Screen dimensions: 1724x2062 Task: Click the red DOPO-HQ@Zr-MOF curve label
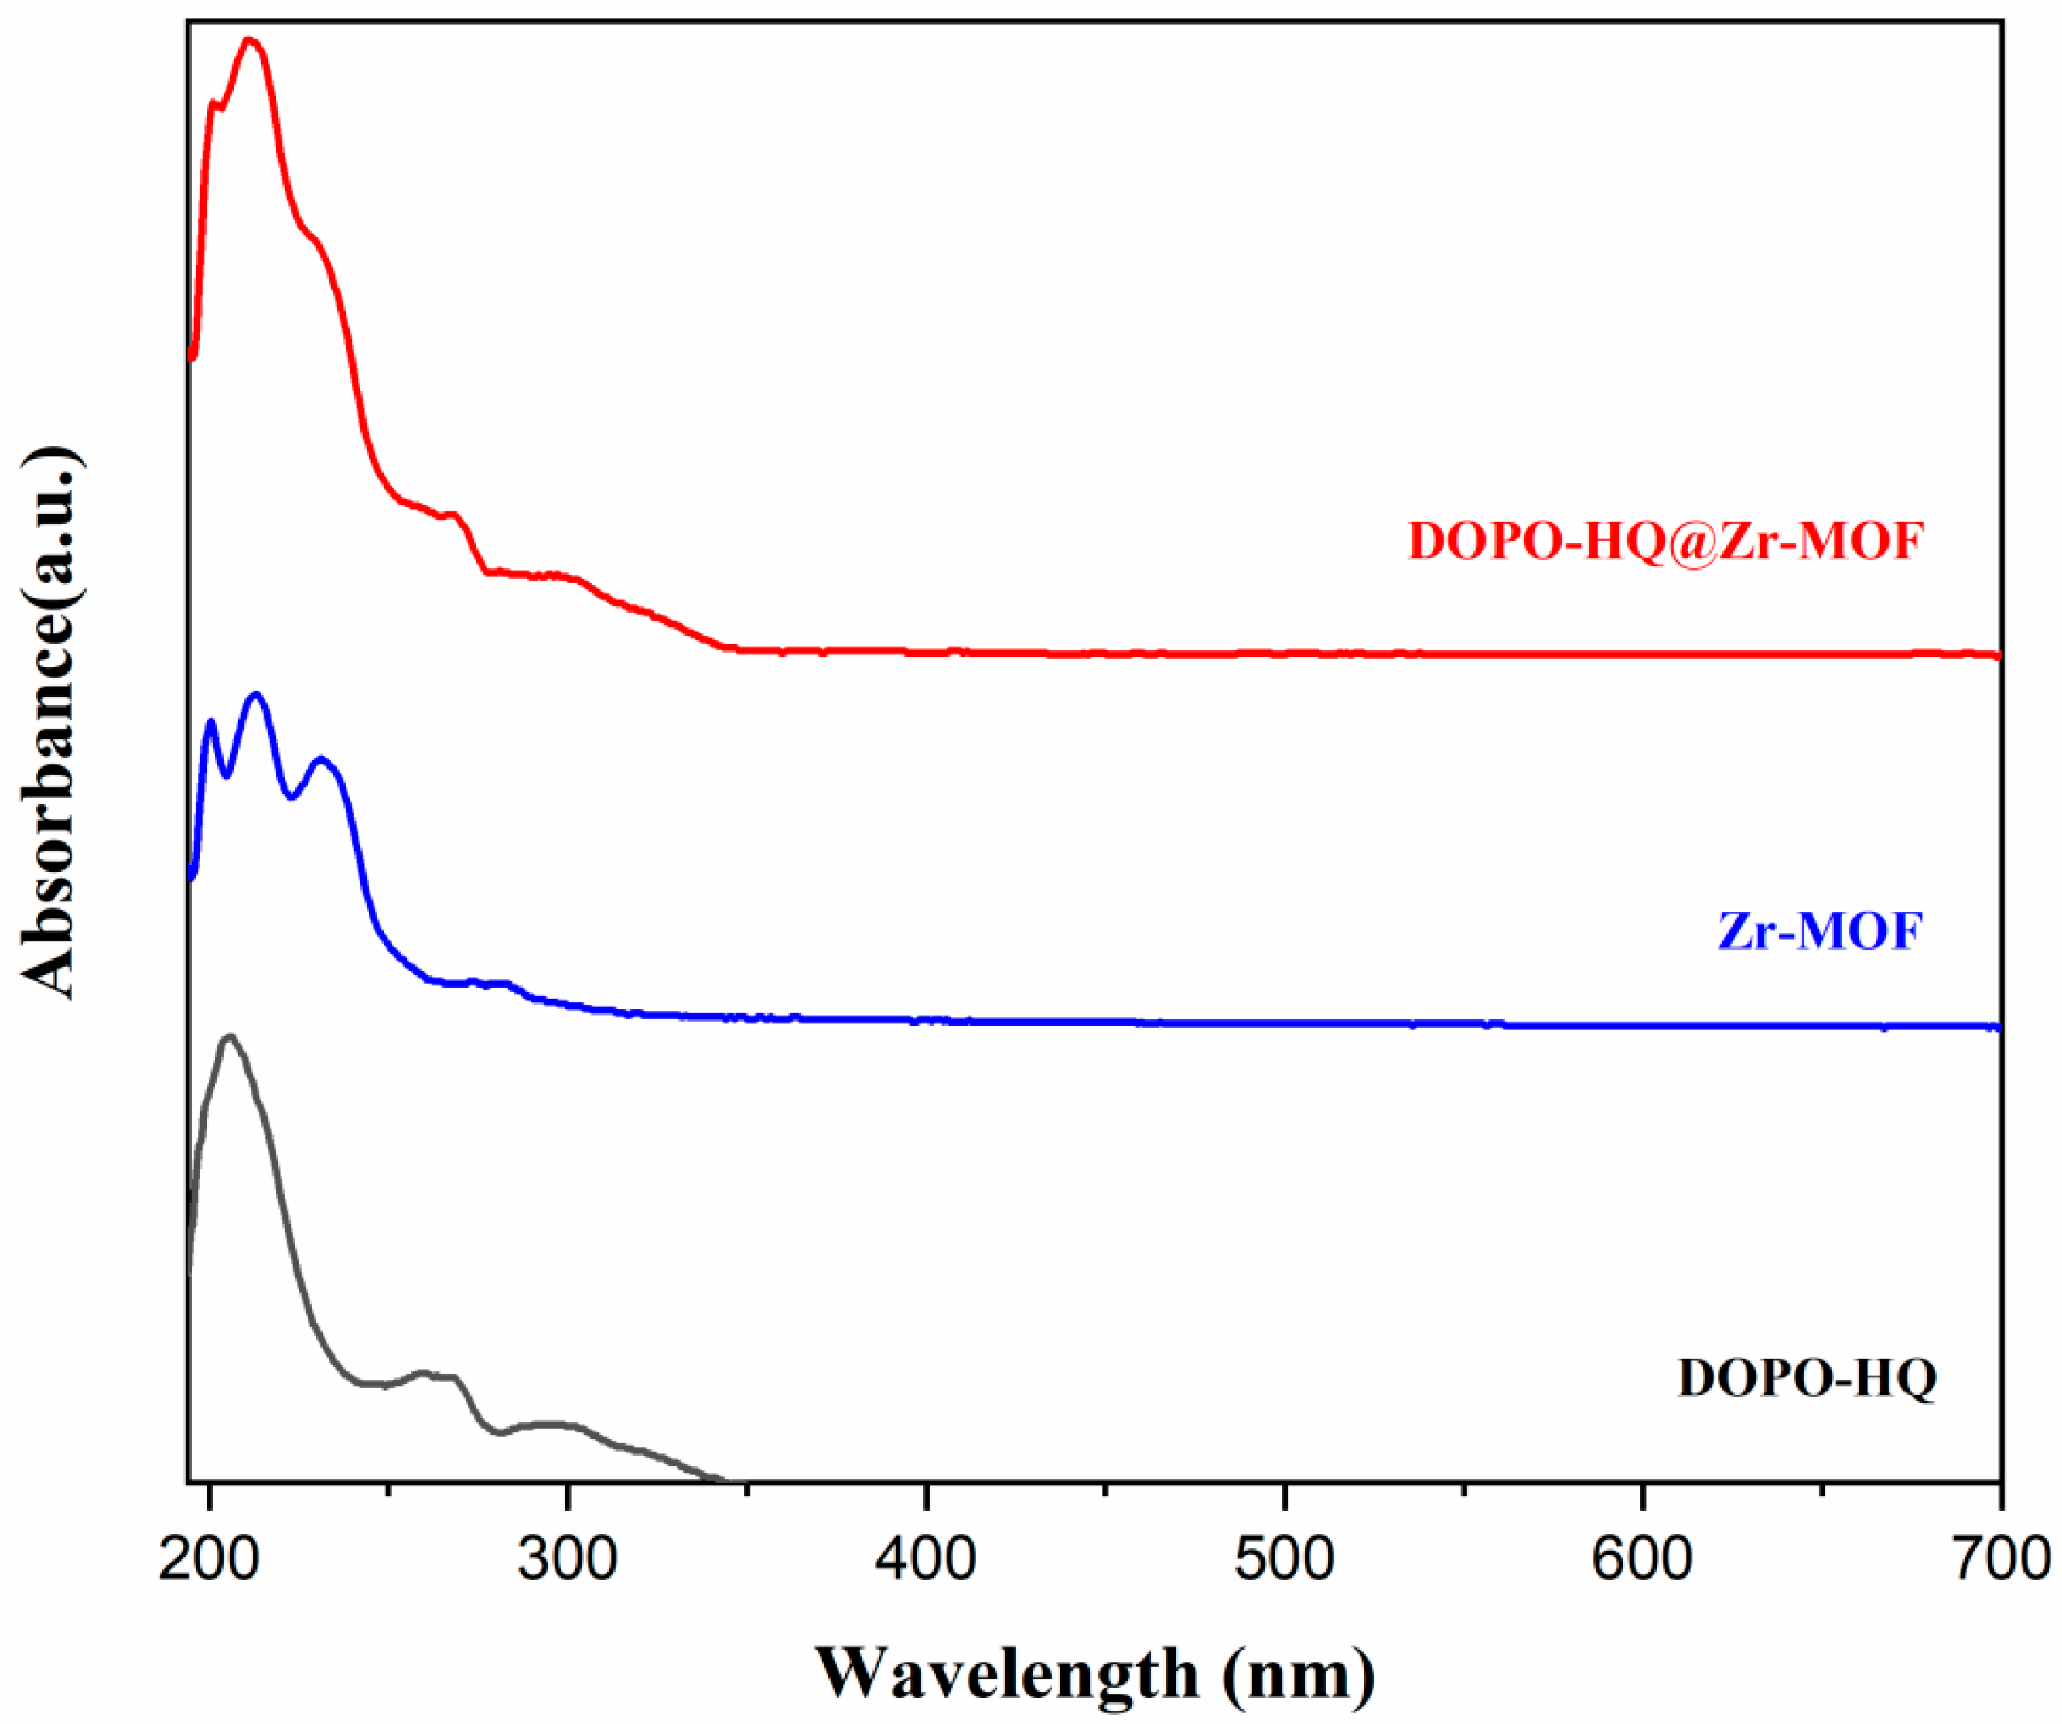click(1665, 541)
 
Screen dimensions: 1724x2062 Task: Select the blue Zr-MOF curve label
click(1819, 930)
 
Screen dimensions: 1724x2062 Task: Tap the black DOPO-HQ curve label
click(1808, 1377)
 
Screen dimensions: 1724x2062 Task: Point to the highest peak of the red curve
click(249, 40)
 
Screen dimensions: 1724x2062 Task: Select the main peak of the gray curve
click(230, 1036)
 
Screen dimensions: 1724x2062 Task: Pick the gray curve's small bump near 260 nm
click(423, 1371)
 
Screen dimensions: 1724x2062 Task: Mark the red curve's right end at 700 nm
click(1997, 655)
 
